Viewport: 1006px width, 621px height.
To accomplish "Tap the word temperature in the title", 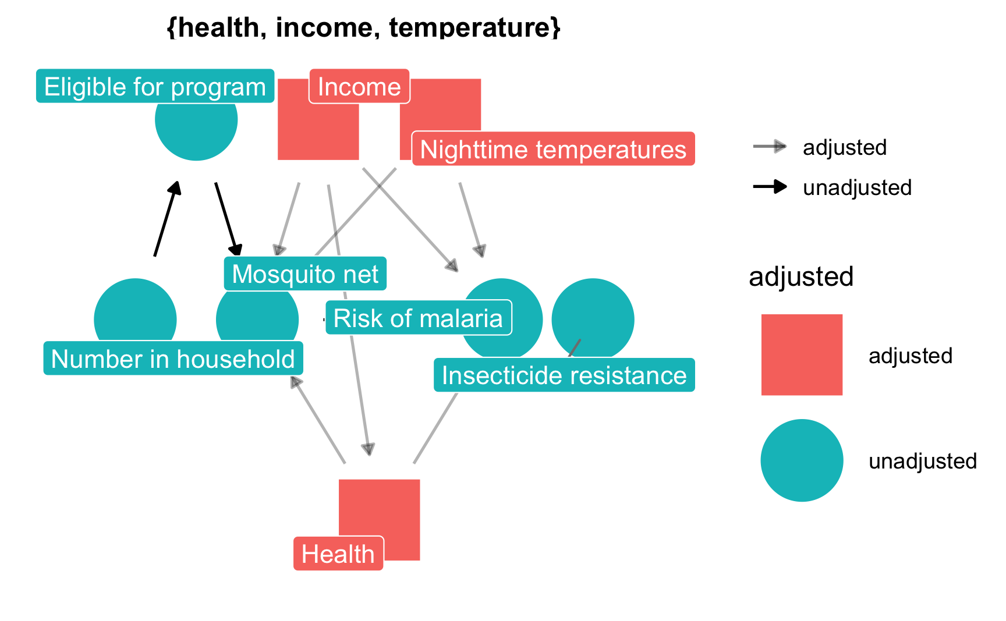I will [x=473, y=27].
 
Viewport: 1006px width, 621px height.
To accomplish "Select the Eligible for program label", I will [x=155, y=87].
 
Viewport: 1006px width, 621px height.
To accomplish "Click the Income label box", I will [x=359, y=87].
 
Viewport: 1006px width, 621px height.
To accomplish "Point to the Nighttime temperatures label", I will [x=553, y=150].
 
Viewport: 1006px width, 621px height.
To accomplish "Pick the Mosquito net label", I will [x=305, y=274].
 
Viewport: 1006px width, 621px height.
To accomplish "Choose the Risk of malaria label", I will [x=418, y=318].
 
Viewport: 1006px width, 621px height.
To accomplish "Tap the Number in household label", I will [x=173, y=359].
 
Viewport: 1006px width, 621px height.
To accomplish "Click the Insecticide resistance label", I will [x=564, y=375].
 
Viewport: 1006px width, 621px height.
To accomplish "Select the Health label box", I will [x=338, y=553].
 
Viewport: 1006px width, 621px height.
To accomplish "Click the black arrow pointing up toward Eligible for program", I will [x=167, y=218].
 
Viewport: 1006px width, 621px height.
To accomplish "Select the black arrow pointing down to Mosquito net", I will [x=227, y=219].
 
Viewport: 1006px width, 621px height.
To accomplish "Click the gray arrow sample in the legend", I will [x=770, y=147].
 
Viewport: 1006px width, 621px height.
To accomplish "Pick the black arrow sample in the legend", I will [x=770, y=187].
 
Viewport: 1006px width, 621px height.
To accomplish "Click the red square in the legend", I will [x=802, y=355].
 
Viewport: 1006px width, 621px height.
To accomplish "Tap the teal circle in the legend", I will [x=802, y=460].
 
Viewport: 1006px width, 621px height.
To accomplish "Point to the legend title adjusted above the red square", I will [x=801, y=276].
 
